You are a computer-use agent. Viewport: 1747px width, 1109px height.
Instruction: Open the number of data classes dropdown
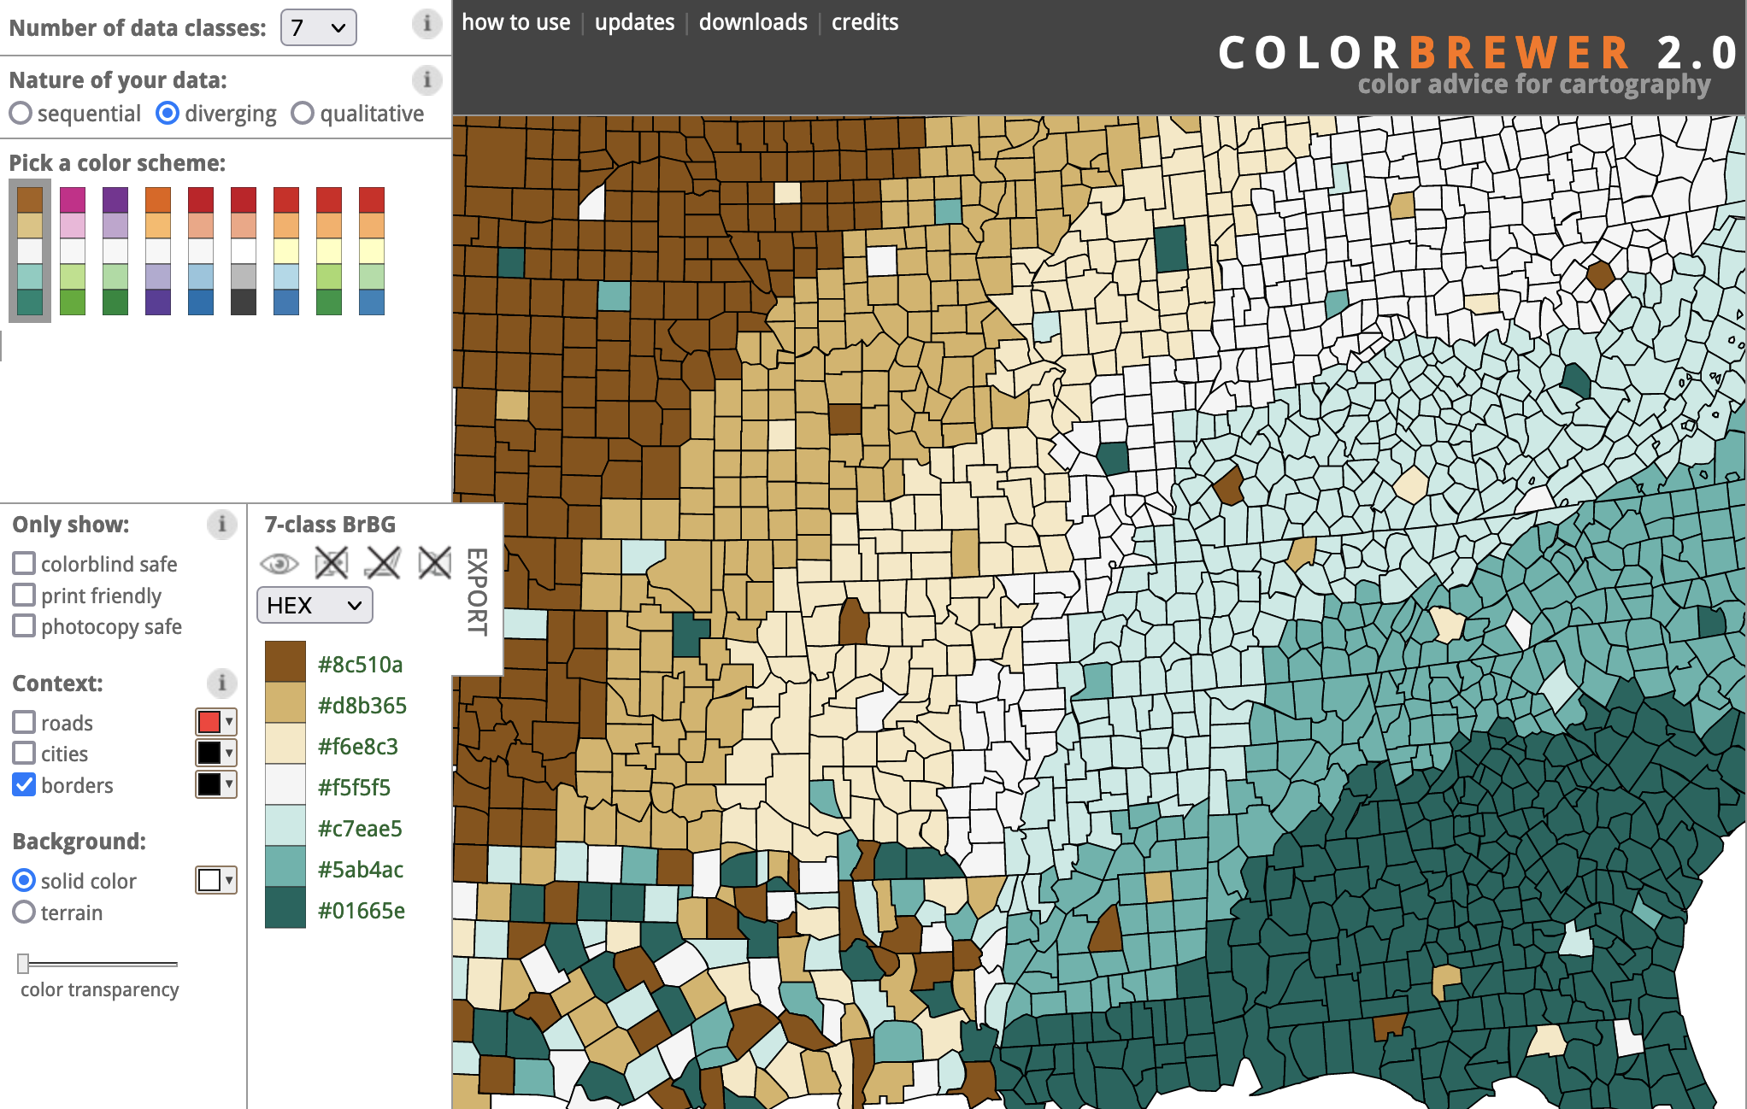[318, 28]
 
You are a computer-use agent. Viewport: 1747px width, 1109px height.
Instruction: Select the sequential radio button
[21, 114]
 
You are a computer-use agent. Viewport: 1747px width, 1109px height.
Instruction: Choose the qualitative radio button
[303, 114]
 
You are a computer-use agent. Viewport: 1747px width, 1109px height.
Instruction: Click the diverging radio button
[168, 114]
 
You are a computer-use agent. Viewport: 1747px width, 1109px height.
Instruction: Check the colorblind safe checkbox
[24, 564]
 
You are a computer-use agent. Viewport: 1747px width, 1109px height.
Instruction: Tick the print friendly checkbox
[24, 595]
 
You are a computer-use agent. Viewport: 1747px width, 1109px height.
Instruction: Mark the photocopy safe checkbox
[24, 626]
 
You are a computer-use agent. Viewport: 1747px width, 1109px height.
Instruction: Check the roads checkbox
[24, 723]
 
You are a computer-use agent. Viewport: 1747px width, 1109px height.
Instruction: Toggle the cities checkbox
[24, 754]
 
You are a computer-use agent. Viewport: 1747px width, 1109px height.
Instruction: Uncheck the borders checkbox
[24, 785]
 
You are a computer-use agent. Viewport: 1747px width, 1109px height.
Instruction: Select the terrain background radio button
[24, 912]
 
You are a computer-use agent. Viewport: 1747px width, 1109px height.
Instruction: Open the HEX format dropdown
[315, 606]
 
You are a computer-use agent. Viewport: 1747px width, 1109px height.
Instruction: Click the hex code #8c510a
[360, 665]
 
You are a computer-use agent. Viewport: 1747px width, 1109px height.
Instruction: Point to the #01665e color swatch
[285, 909]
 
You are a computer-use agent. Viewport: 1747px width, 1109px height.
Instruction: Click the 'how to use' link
[516, 22]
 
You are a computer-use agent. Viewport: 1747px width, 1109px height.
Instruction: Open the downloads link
[753, 22]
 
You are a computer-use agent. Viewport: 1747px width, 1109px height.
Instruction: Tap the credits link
[865, 22]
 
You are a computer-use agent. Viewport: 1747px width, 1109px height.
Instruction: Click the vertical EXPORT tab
[477, 591]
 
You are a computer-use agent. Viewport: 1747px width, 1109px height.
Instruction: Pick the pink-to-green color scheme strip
[73, 251]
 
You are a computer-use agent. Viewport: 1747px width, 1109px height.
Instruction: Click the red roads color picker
[215, 722]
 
